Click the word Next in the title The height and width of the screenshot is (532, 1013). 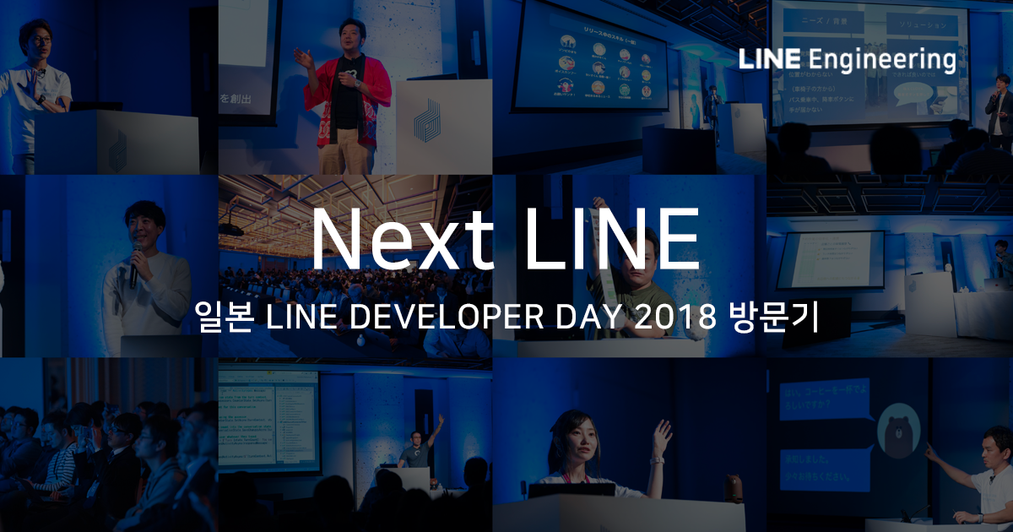pyautogui.click(x=399, y=241)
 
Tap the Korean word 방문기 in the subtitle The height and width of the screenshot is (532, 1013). pyautogui.click(x=772, y=319)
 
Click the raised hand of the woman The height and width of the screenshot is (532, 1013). pyautogui.click(x=663, y=437)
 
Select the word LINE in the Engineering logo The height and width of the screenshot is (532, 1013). pyautogui.click(x=768, y=60)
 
